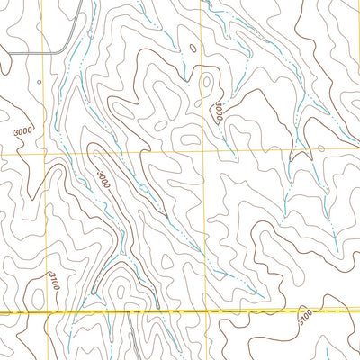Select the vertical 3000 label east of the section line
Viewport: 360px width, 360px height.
(219, 112)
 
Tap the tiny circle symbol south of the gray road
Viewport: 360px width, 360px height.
(40, 81)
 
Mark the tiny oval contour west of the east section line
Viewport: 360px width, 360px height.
(189, 138)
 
